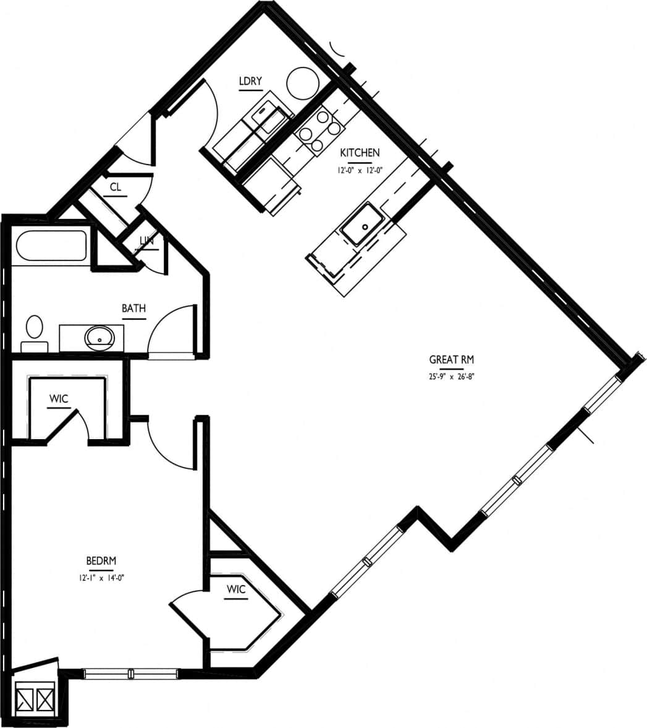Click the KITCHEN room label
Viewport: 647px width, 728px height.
click(360, 153)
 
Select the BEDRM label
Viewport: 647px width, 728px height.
click(101, 561)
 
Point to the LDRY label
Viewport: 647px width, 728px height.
click(250, 81)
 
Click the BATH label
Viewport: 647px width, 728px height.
click(133, 308)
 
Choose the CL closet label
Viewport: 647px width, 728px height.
click(115, 187)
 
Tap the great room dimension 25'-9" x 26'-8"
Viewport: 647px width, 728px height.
click(451, 375)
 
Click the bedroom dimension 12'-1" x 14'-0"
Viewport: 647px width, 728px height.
click(101, 578)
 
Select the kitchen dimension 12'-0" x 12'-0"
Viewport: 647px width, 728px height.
click(360, 168)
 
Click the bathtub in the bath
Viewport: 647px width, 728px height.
click(51, 246)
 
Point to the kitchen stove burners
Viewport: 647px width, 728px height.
click(319, 131)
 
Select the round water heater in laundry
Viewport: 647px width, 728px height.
click(303, 83)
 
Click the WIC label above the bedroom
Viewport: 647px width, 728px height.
click(59, 399)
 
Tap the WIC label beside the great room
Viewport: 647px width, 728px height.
click(236, 589)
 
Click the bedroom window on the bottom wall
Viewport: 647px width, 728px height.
click(131, 674)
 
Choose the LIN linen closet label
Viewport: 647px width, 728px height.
click(146, 241)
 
